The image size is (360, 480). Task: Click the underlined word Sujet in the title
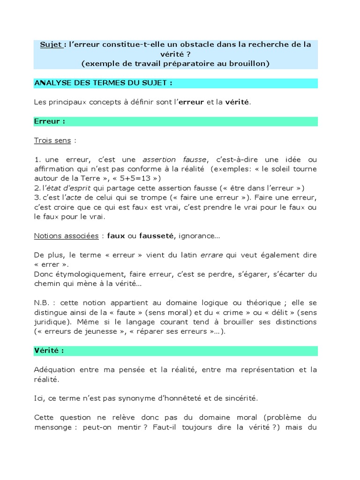point(50,45)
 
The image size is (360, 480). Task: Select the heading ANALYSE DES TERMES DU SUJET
point(103,83)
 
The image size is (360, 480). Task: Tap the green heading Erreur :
point(49,121)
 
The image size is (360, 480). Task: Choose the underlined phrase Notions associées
point(66,236)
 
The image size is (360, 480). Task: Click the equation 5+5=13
point(141,178)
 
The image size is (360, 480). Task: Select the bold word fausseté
point(156,236)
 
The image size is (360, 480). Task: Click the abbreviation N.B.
point(43,303)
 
